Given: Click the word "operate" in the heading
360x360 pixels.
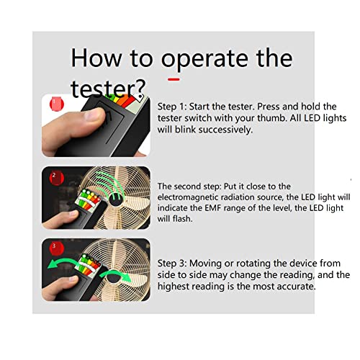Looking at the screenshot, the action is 204,59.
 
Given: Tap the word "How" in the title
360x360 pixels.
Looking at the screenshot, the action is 96,58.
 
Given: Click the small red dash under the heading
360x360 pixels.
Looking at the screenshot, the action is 174,79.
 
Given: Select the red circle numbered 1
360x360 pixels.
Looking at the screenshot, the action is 57,104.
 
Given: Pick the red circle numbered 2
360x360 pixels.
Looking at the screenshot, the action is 57,178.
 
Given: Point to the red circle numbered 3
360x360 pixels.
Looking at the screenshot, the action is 57,248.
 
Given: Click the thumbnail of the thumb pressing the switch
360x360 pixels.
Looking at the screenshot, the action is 96,125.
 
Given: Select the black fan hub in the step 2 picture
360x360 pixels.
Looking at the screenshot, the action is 116,199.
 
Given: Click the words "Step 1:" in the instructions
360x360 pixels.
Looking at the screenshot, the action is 172,107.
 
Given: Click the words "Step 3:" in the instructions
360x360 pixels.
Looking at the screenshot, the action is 172,264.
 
